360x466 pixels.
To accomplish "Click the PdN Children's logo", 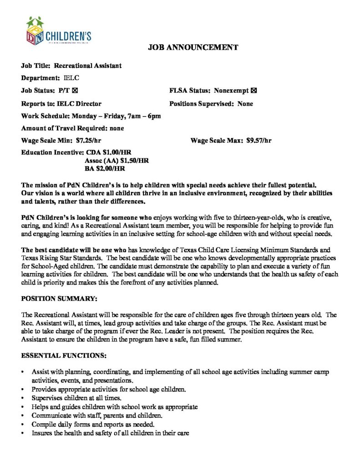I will click(58, 31).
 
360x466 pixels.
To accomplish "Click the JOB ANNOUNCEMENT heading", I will click(193, 47).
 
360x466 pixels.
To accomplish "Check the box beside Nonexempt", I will click(254, 91).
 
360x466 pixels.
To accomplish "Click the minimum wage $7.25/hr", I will click(89, 140).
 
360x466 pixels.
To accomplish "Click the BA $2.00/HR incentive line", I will click(105, 169).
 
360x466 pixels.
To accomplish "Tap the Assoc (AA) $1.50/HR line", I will click(117, 161).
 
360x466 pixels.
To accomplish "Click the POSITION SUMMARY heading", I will click(59, 299).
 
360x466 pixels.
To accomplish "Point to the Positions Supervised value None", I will click(245, 104).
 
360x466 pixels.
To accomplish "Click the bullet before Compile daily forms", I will click(23, 425).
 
